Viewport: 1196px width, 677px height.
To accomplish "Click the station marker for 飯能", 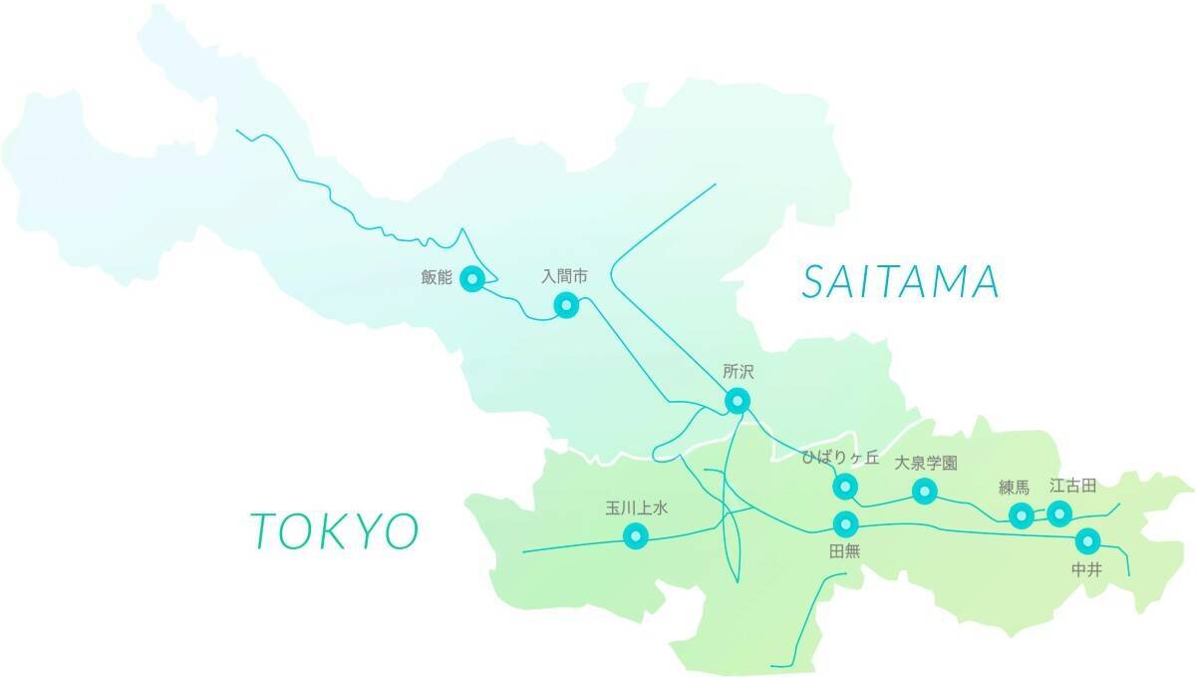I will [x=473, y=279].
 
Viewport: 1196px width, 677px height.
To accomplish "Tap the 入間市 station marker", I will [x=566, y=304].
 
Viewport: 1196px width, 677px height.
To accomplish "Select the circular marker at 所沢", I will [x=737, y=401].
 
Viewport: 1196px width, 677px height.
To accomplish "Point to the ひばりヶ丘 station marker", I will [x=845, y=487].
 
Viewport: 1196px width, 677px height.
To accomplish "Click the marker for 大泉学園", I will [x=925, y=491].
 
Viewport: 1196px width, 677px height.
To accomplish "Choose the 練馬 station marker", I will [x=1021, y=515].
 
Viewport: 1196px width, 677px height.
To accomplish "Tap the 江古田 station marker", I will [x=1059, y=513].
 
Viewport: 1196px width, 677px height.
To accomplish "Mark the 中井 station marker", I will [x=1087, y=540].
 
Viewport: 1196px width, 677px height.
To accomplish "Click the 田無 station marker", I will [x=845, y=523].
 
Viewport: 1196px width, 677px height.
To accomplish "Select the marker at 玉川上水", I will [x=636, y=536].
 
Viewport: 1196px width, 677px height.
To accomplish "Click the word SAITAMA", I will [x=900, y=283].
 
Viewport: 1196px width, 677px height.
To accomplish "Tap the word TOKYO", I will [x=334, y=530].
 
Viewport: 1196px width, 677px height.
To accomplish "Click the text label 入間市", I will [x=565, y=274].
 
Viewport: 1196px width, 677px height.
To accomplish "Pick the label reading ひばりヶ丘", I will [x=841, y=459].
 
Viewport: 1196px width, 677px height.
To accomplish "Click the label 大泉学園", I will [x=925, y=463].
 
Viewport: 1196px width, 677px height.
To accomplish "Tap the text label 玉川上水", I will [x=636, y=508].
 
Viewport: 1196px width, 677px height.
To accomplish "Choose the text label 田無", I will [x=844, y=550].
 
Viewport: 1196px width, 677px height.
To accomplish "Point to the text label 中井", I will [x=1086, y=568].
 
